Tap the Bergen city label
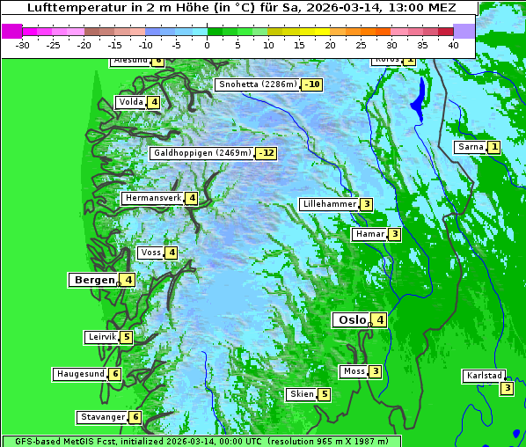coord(92,280)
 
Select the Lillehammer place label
coord(329,204)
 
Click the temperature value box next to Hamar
coord(395,234)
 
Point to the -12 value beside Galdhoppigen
coord(267,153)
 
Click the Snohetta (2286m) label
coord(257,84)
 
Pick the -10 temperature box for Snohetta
coord(311,84)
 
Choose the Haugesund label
coord(80,374)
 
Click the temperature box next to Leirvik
coord(126,337)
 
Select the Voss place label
coord(150,253)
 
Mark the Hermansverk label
coord(152,198)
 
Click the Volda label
coord(130,102)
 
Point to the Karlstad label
coord(485,376)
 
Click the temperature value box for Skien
coord(324,394)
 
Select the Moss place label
coord(354,371)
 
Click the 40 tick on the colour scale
coord(453,45)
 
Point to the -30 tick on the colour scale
coord(23,45)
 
